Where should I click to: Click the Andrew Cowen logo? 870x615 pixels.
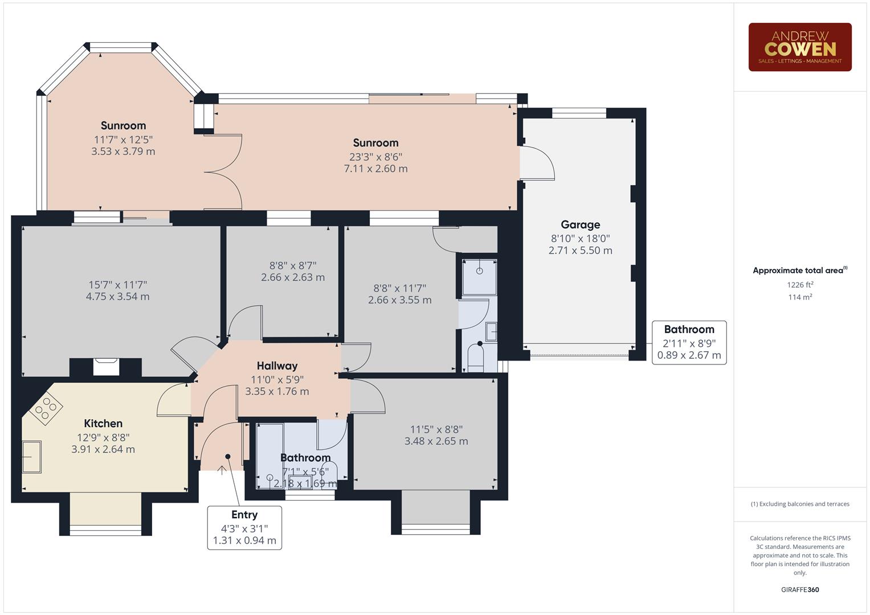pyautogui.click(x=799, y=47)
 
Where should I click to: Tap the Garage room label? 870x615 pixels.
pyautogui.click(x=580, y=224)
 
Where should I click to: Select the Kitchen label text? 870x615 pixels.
pyautogui.click(x=103, y=423)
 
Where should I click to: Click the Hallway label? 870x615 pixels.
pyautogui.click(x=277, y=366)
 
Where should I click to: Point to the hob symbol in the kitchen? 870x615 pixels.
pyautogui.click(x=46, y=408)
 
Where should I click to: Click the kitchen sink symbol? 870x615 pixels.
pyautogui.click(x=31, y=457)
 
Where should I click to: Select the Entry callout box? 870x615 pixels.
pyautogui.click(x=244, y=527)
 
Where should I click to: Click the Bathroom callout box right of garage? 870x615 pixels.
pyautogui.click(x=689, y=342)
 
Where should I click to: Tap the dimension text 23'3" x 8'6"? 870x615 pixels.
pyautogui.click(x=375, y=157)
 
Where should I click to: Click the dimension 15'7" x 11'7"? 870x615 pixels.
pyautogui.click(x=118, y=285)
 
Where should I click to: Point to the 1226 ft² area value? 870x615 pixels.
pyautogui.click(x=800, y=285)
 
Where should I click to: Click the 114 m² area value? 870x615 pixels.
pyautogui.click(x=800, y=297)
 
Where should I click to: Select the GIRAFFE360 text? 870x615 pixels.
pyautogui.click(x=800, y=589)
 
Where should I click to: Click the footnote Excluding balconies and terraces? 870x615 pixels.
pyautogui.click(x=800, y=504)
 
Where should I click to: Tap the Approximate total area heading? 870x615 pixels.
pyautogui.click(x=799, y=270)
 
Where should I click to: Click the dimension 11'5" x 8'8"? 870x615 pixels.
pyautogui.click(x=436, y=429)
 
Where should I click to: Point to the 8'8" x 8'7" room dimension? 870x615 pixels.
pyautogui.click(x=293, y=265)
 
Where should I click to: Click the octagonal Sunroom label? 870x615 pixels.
pyautogui.click(x=123, y=125)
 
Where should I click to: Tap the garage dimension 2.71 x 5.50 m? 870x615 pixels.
pyautogui.click(x=580, y=251)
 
